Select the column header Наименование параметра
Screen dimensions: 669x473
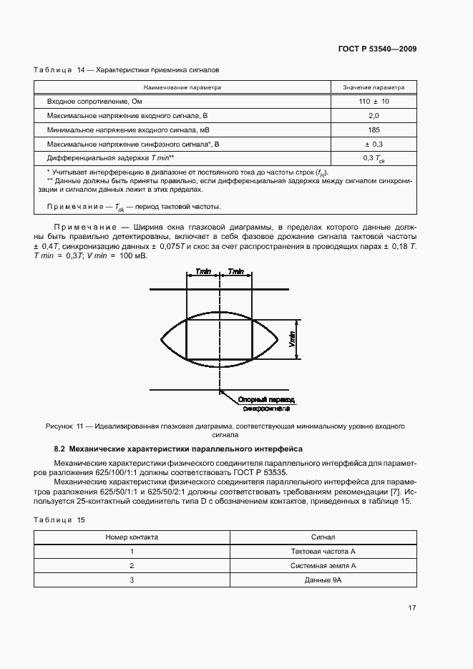coord(182,87)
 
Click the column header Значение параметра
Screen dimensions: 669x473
coord(374,87)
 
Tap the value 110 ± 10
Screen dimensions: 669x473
coord(374,102)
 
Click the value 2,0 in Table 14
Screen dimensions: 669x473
coord(374,115)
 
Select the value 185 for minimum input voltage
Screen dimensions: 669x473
coord(374,130)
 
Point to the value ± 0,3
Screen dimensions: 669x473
coord(374,144)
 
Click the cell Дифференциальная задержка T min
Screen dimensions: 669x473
coord(111,158)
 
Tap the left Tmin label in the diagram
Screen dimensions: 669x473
coord(203,272)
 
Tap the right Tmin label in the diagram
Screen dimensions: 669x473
coord(236,272)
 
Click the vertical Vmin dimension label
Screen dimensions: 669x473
coord(292,339)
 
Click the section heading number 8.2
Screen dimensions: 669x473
coord(60,449)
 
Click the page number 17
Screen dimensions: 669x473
coord(412,608)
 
